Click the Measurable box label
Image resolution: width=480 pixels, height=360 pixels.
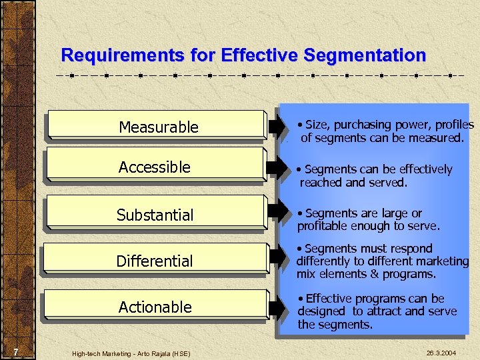[159, 127]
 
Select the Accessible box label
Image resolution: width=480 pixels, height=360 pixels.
[155, 167]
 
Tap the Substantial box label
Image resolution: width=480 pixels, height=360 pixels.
[155, 215]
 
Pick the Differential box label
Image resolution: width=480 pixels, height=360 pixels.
[155, 261]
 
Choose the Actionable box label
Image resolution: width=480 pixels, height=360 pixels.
[155, 307]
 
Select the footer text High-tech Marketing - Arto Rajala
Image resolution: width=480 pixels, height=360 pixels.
[131, 353]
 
